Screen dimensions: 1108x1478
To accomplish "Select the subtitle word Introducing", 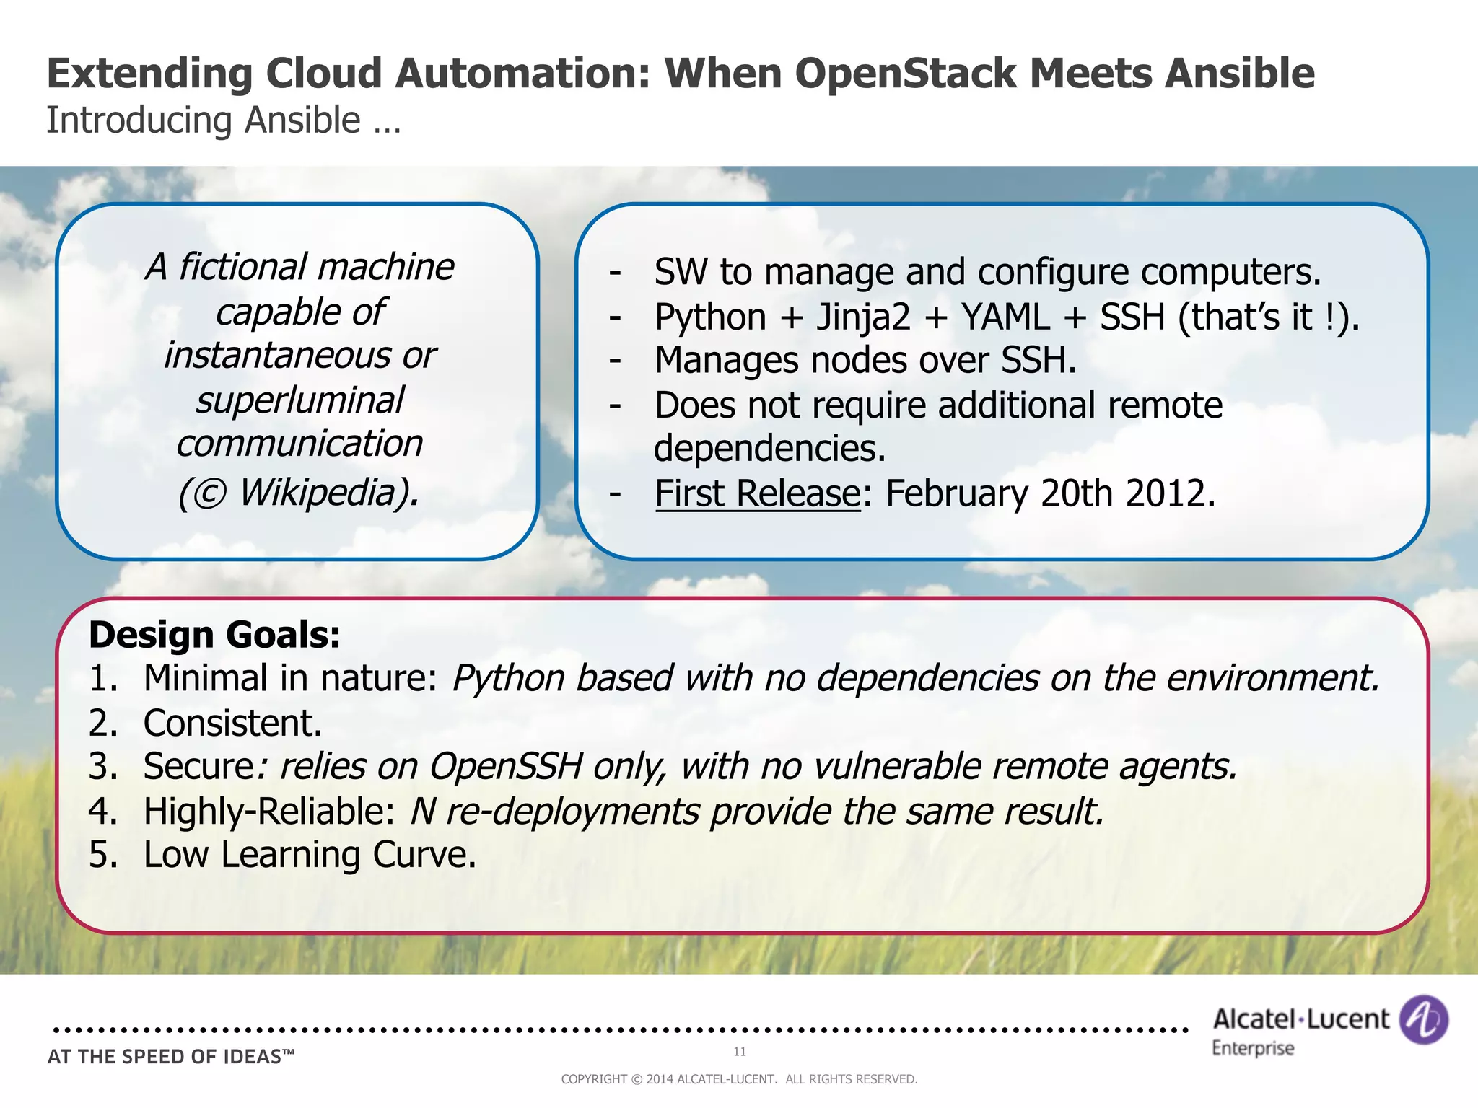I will [139, 120].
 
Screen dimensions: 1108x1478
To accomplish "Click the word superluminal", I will [299, 400].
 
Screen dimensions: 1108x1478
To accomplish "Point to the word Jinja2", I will [863, 317].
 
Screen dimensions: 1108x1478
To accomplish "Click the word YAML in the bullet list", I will [1005, 317].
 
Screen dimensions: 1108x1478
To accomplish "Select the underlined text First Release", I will [757, 494].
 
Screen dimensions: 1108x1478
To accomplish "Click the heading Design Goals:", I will [214, 635].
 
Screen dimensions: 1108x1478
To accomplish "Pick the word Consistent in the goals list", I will [232, 723].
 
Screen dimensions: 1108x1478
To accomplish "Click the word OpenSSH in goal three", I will [505, 766].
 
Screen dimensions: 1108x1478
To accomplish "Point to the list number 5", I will [102, 855].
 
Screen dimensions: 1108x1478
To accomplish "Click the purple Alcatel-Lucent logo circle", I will [1423, 1019].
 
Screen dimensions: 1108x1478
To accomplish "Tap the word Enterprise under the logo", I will [1253, 1048].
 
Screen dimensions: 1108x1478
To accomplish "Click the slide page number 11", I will [740, 1052].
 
